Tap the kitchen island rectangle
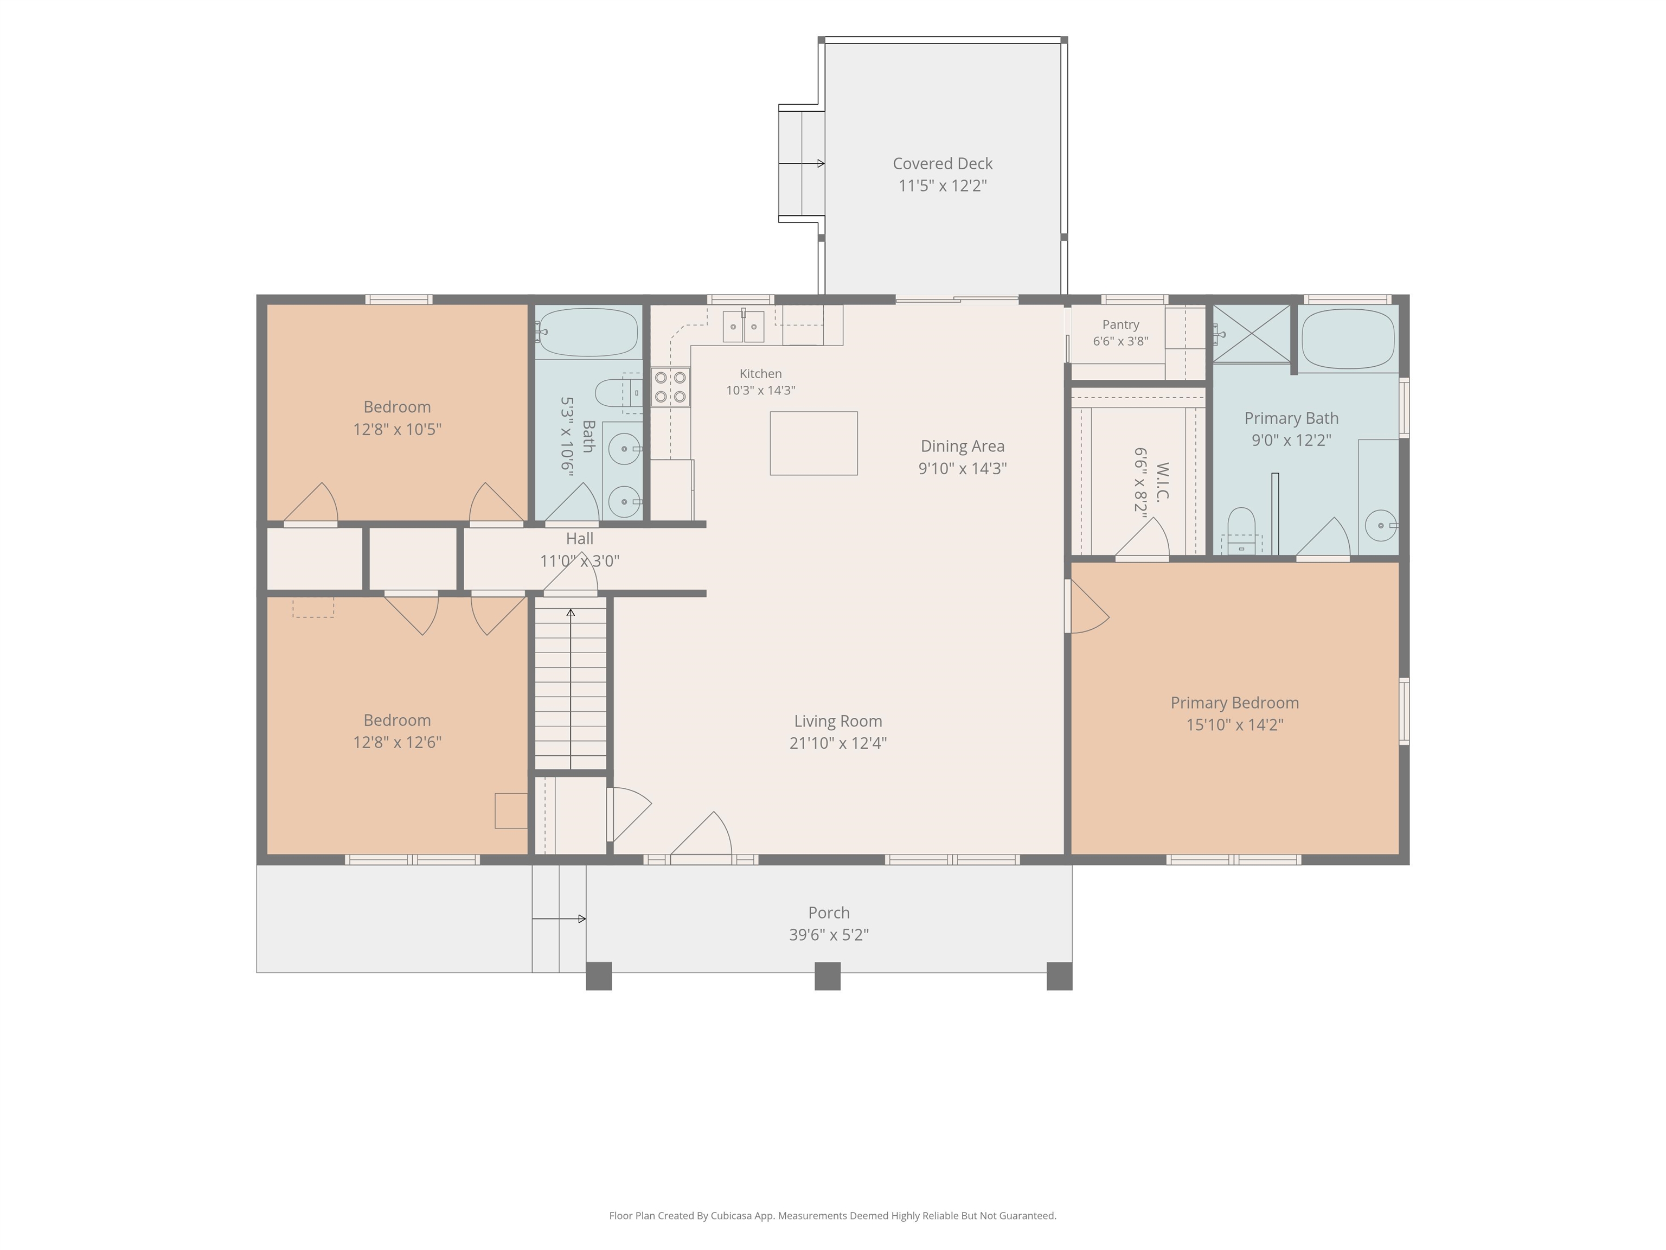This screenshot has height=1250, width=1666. coord(813,443)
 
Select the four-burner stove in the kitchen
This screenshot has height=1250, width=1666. coord(670,386)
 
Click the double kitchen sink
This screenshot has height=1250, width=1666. coord(744,326)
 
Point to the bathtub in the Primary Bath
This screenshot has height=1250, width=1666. coord(1348,339)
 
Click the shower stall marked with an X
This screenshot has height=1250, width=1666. coord(1251,333)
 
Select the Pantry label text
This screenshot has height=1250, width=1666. coord(1121,325)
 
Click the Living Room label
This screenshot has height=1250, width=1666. coord(837,721)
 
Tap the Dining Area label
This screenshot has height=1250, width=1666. coord(963,446)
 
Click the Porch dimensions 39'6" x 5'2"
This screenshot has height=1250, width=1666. coord(829,935)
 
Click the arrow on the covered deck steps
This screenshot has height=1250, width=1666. coord(802,163)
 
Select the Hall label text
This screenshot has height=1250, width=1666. coord(579,539)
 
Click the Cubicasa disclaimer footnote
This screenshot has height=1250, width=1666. coord(832,1215)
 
